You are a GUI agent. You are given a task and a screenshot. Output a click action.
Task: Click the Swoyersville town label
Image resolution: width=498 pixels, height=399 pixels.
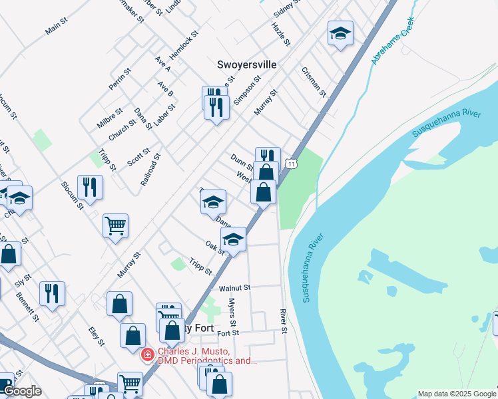(x=246, y=65)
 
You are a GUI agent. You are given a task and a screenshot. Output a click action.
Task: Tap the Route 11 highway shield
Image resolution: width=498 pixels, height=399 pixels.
(x=291, y=163)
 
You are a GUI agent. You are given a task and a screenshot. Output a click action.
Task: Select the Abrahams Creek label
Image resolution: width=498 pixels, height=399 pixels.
(x=393, y=41)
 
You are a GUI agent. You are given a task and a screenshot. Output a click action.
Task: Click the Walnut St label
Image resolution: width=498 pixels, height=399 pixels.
(x=234, y=288)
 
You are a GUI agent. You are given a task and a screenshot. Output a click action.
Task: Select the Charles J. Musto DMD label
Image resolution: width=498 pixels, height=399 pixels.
(x=206, y=356)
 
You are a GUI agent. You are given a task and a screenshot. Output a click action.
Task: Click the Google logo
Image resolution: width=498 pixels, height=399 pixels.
(x=22, y=391)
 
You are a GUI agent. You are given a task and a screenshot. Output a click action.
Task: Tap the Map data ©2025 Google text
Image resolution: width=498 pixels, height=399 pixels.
(x=457, y=394)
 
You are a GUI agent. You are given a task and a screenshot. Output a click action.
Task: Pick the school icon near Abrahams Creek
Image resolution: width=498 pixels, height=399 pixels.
(x=340, y=34)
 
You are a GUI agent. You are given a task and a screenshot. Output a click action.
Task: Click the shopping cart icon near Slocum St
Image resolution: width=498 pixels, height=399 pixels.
(x=115, y=225)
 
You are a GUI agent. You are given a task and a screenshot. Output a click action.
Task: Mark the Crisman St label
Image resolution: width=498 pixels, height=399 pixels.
(x=313, y=82)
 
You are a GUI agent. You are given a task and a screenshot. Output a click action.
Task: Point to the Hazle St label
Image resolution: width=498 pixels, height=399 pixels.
(x=281, y=34)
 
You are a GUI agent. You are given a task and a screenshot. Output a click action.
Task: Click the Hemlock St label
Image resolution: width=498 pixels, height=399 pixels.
(x=184, y=45)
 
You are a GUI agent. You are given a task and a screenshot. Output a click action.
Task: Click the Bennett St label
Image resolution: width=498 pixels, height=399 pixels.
(x=28, y=307)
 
